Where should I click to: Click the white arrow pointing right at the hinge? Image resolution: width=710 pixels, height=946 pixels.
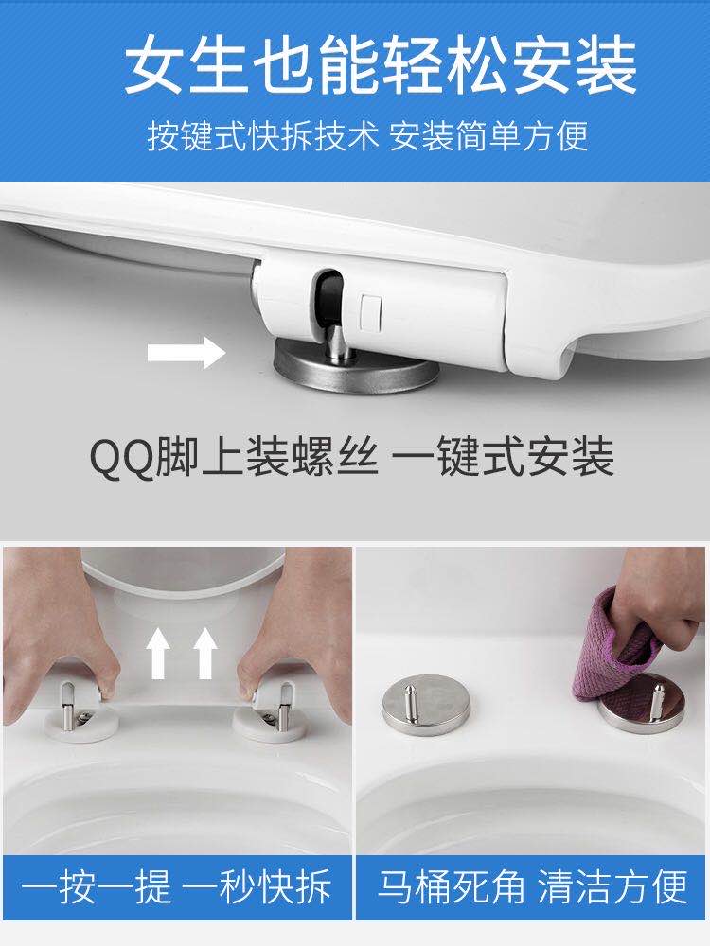tap(186, 355)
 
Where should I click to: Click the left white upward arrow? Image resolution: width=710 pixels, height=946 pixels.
tap(160, 654)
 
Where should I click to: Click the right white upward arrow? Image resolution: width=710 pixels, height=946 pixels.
tap(205, 654)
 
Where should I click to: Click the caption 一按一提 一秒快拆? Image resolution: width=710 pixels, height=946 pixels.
tap(176, 888)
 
